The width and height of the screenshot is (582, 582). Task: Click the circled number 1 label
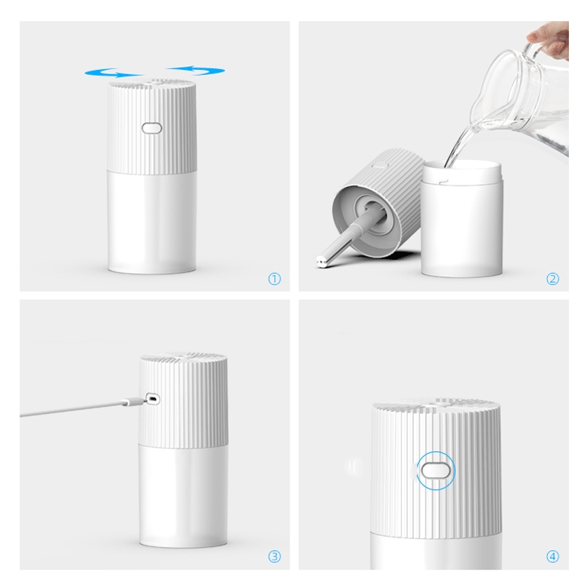[x=274, y=279]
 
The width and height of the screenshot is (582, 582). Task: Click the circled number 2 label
[x=553, y=279]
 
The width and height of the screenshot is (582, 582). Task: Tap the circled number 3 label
[x=274, y=557]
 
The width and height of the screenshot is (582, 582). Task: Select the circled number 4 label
[x=553, y=557]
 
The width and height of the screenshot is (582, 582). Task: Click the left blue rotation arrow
[x=113, y=73]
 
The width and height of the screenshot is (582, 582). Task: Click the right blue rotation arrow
[x=196, y=70]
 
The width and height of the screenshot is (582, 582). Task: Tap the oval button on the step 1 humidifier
[x=151, y=129]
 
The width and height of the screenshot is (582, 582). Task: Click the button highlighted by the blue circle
[x=436, y=471]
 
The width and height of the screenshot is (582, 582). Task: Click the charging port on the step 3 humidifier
[x=153, y=399]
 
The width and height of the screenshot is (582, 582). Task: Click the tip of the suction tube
[x=321, y=262]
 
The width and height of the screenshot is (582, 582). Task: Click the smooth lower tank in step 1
[x=152, y=223]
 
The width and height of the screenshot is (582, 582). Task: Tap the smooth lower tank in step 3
[x=183, y=495]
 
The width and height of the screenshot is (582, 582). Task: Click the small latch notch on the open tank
[x=443, y=182]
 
